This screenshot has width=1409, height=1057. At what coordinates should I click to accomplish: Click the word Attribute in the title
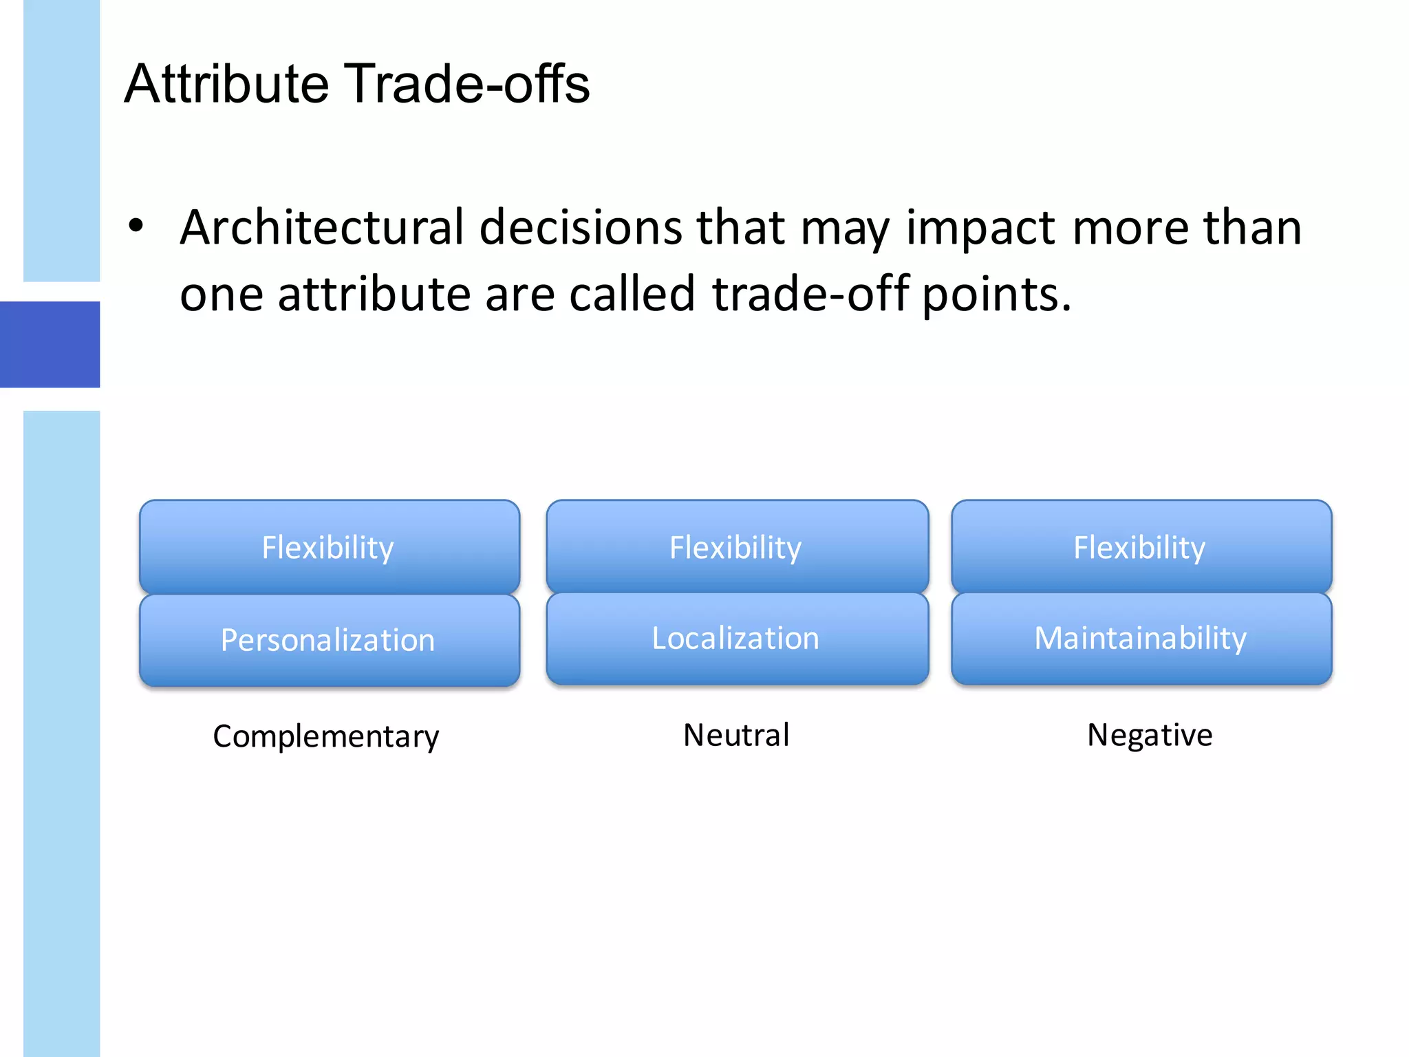[x=227, y=84]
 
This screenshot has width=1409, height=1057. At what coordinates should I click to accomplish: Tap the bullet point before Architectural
[x=136, y=226]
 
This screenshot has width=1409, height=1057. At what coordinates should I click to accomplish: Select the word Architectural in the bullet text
[x=322, y=227]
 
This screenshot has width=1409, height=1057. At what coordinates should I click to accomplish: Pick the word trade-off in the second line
[x=810, y=295]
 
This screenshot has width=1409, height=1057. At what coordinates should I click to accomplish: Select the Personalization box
[x=329, y=640]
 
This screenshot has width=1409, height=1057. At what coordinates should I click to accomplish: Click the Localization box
[x=736, y=638]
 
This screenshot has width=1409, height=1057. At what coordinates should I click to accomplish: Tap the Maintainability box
[x=1141, y=638]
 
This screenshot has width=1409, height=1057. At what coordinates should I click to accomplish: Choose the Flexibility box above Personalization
[x=329, y=547]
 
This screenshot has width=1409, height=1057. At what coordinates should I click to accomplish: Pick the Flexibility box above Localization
[x=736, y=547]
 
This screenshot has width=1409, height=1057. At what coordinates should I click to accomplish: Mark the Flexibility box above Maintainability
[x=1141, y=547]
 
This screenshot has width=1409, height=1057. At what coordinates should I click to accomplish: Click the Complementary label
[x=326, y=736]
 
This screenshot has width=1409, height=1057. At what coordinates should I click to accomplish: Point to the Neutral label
[x=736, y=735]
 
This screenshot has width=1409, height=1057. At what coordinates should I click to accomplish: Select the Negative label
[x=1150, y=735]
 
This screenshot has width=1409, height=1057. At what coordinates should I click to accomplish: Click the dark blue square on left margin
[x=50, y=344]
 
